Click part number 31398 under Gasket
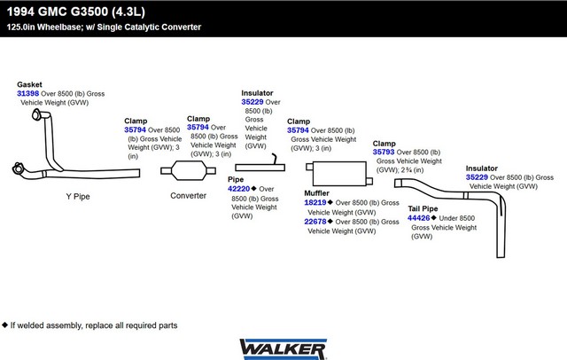[x=27, y=93]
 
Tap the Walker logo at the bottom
[x=283, y=349]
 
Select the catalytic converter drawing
[x=189, y=170]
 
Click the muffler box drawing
[x=339, y=174]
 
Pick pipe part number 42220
[x=238, y=189]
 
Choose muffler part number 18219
[x=315, y=203]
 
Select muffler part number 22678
[x=315, y=222]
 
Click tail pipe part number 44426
[x=418, y=218]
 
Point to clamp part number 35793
[x=384, y=152]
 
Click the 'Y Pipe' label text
[x=78, y=197]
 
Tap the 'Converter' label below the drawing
[x=188, y=196]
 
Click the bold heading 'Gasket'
[x=29, y=84]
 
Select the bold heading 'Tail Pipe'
[x=423, y=208]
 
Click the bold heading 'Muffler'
[x=317, y=193]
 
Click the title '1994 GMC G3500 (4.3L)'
[x=76, y=12]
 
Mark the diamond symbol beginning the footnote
[x=4, y=325]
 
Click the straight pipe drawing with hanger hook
[x=260, y=168]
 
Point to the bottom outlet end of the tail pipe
[x=501, y=257]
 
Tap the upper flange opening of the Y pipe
[x=36, y=115]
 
